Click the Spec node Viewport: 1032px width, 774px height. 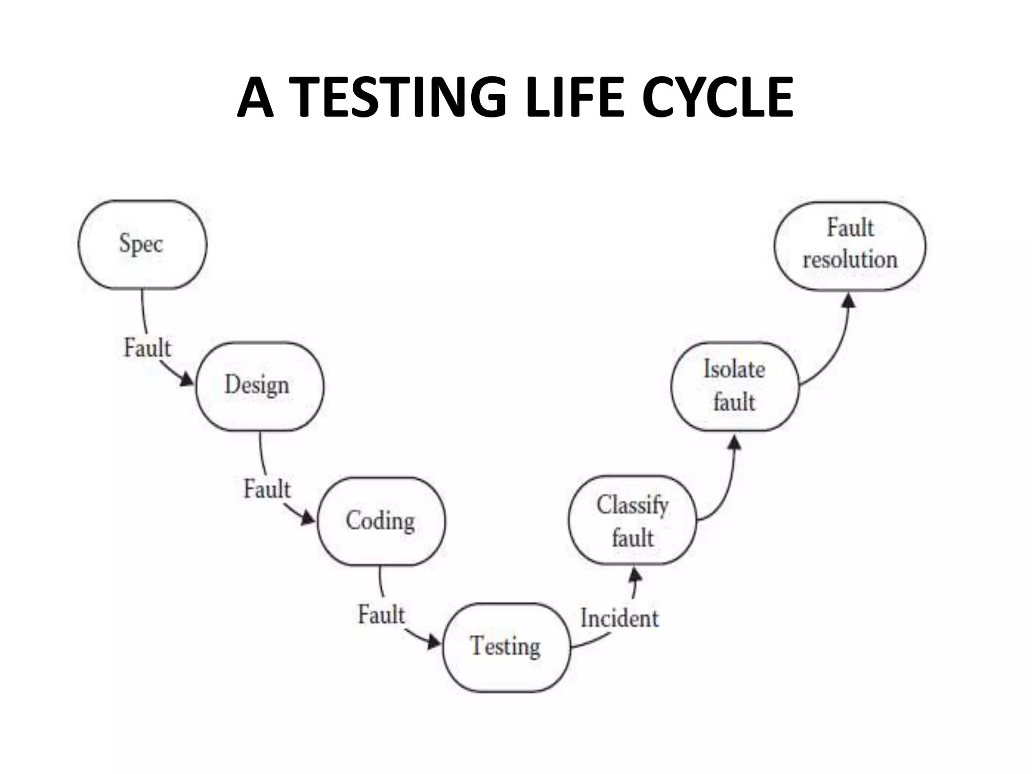tap(142, 244)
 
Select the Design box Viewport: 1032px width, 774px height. tap(259, 386)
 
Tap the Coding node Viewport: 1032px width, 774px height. tap(381, 521)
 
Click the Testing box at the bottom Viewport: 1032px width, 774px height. tap(506, 647)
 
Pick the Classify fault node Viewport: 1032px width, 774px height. tap(632, 521)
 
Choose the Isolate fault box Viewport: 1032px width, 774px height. tap(735, 386)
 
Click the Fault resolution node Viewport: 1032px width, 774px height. tap(850, 245)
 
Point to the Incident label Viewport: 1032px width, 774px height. tap(619, 618)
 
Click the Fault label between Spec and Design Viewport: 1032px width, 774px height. tap(147, 348)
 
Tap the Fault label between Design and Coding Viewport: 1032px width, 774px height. tap(267, 489)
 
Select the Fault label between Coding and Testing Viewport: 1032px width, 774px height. tap(381, 615)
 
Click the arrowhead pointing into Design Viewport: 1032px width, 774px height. tap(187, 379)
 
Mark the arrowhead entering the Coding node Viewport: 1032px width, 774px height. tap(308, 518)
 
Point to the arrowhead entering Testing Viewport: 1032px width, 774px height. tap(434, 642)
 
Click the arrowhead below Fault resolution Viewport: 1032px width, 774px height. tap(849, 301)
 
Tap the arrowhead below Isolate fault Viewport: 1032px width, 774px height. tap(735, 443)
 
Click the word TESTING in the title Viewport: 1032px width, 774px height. tap(399, 97)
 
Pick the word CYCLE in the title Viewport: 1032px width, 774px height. tap(718, 97)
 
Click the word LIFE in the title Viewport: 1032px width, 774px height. tap(574, 97)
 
